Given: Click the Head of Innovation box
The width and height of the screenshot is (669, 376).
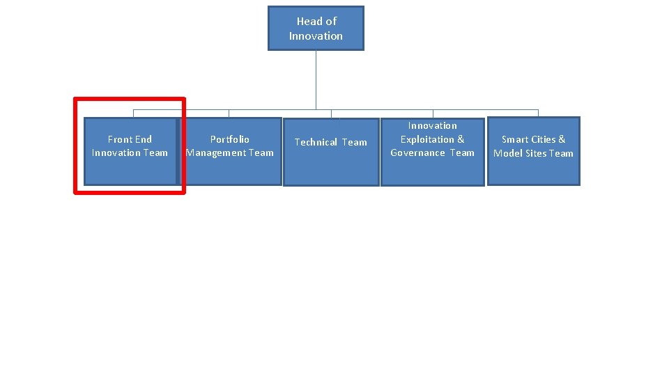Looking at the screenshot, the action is tap(316, 29).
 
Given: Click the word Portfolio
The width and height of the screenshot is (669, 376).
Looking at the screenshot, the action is tap(230, 139).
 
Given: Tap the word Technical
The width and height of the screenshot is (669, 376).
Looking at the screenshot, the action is tap(316, 142).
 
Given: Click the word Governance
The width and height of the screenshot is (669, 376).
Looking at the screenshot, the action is tap(417, 153).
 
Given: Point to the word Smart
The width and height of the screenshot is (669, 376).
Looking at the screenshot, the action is tap(515, 139).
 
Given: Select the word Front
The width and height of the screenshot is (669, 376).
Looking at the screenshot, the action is tap(120, 139).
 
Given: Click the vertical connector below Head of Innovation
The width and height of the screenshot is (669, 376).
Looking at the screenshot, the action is tap(316, 80).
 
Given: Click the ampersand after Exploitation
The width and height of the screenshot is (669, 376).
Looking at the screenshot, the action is tap(461, 139).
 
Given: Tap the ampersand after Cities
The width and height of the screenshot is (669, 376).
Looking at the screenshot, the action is tap(562, 139).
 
